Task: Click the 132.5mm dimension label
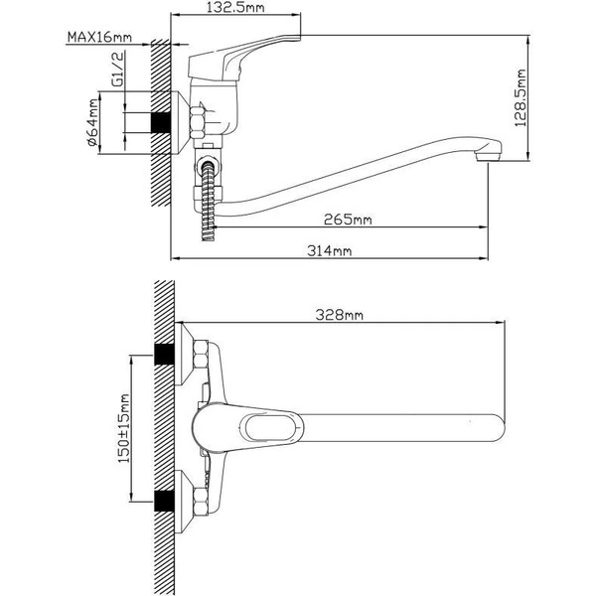coord(234,11)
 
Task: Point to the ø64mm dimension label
coord(92,125)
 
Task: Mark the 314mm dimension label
coord(329,252)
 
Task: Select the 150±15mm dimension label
coord(124,428)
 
